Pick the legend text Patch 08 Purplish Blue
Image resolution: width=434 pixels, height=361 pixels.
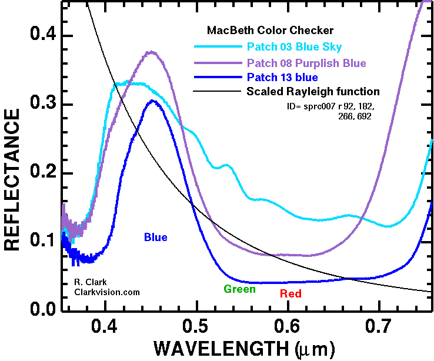[x=306, y=63]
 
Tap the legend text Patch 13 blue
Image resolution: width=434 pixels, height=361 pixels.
[x=282, y=78]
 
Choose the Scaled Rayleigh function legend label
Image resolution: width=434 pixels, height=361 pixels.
[x=313, y=92]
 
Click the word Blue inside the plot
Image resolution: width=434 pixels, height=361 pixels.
[x=156, y=238]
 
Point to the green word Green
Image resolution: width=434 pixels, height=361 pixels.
[x=239, y=289]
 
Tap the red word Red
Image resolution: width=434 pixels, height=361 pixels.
[x=291, y=293]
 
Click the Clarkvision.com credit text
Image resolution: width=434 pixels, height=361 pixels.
[x=107, y=292]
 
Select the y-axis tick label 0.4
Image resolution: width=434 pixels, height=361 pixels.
[x=39, y=36]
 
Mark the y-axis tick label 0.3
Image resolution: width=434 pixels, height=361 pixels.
[x=39, y=105]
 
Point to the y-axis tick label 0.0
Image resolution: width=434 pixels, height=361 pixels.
[x=39, y=310]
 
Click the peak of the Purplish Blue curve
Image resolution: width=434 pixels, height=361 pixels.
[x=152, y=52]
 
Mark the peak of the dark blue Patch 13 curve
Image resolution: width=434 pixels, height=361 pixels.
[x=153, y=101]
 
